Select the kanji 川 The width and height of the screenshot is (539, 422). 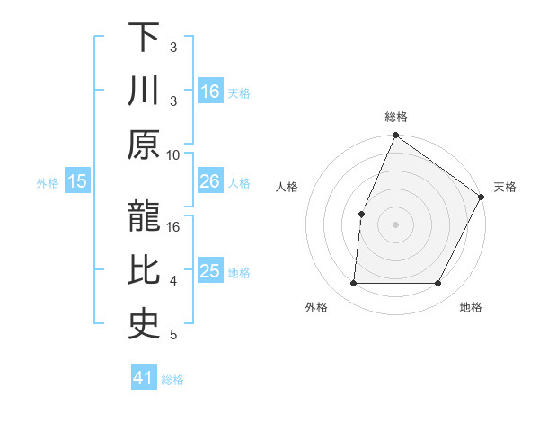pyautogui.click(x=144, y=91)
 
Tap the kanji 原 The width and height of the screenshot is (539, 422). pyautogui.click(x=144, y=144)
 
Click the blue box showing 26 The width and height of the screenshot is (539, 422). pyautogui.click(x=210, y=181)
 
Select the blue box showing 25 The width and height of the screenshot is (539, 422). pyautogui.click(x=210, y=271)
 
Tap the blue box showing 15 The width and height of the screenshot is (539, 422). pyautogui.click(x=77, y=181)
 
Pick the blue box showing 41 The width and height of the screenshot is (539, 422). pyautogui.click(x=144, y=378)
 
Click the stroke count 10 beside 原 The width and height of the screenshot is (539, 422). pyautogui.click(x=172, y=155)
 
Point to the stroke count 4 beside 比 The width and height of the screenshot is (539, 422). pyautogui.click(x=172, y=282)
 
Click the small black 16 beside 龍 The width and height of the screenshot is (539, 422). pyautogui.click(x=173, y=227)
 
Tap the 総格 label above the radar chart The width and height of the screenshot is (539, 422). pyautogui.click(x=396, y=117)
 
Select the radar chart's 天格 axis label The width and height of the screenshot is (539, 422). pyautogui.click(x=506, y=187)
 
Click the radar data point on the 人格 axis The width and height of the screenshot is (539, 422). pyautogui.click(x=361, y=214)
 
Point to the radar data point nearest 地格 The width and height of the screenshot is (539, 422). pyautogui.click(x=438, y=284)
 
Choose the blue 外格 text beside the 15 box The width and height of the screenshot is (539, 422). pyautogui.click(x=48, y=182)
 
